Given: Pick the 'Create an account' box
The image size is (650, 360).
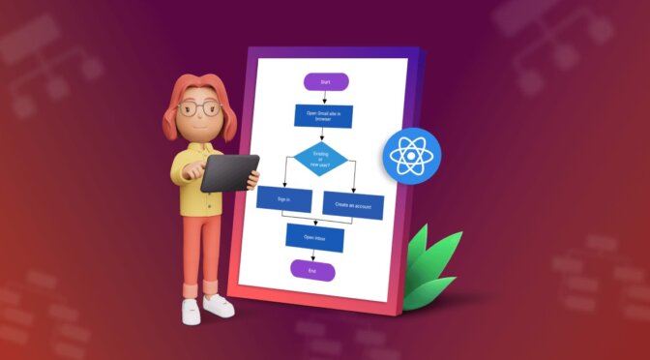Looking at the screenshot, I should coord(353,205).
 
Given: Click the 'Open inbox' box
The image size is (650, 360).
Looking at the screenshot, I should coord(314,238).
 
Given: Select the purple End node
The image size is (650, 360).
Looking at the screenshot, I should coord(311,272).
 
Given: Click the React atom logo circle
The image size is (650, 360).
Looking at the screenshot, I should coord(409,159).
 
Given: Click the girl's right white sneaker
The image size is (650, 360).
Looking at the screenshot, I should coord(218,306).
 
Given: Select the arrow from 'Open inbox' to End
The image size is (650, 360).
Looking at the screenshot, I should coord(312,257).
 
